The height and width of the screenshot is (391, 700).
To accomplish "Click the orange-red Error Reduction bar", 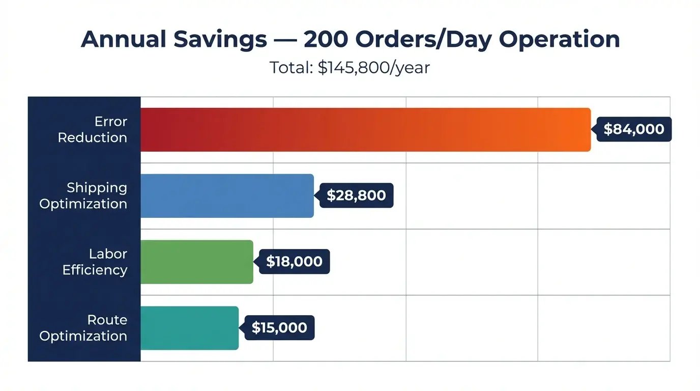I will click(x=365, y=130).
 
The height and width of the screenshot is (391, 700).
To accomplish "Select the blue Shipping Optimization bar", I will click(x=227, y=196).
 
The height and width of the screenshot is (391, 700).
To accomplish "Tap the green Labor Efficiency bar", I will click(x=196, y=262).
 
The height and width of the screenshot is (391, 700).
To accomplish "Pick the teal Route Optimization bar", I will click(x=189, y=328).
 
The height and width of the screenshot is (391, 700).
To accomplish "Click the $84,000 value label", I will click(x=634, y=129).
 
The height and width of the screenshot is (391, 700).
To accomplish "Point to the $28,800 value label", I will click(x=356, y=195).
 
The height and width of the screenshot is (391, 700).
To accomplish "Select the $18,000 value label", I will click(x=294, y=262).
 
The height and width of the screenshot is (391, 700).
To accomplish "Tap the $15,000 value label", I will click(x=279, y=328).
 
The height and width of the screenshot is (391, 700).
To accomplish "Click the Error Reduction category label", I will click(x=93, y=130).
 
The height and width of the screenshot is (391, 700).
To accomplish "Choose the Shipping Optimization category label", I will click(x=83, y=196).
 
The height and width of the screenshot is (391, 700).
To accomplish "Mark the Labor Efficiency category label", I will click(x=95, y=262).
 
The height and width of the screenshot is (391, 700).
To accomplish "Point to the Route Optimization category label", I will click(x=83, y=328).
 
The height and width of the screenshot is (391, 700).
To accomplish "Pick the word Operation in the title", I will click(x=559, y=40).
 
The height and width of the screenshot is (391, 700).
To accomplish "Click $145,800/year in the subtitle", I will click(x=374, y=68).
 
